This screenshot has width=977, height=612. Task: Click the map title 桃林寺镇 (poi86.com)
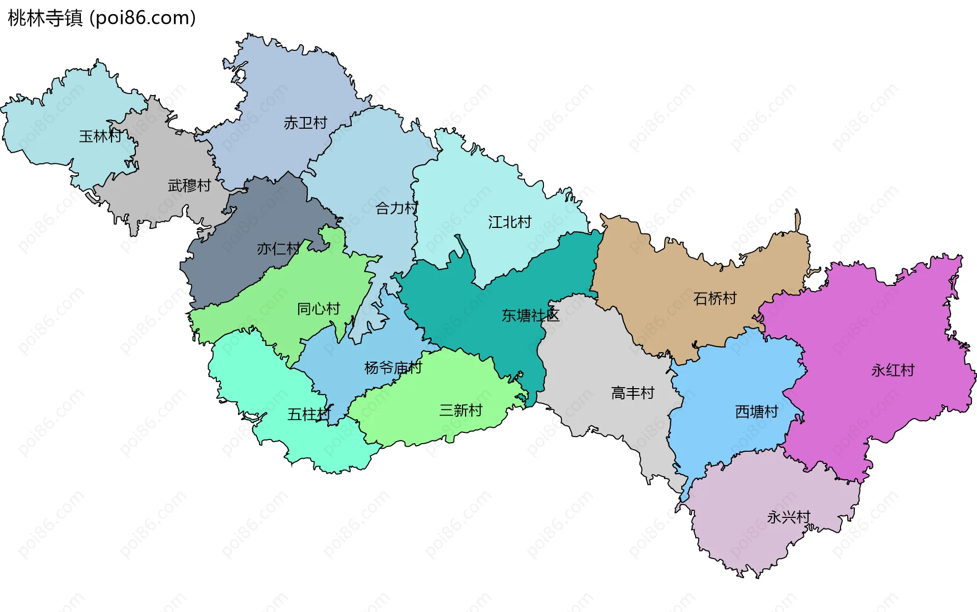(102, 18)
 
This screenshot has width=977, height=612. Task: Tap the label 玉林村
(100, 136)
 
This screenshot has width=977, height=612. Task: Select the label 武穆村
(189, 186)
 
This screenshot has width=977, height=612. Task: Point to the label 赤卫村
(305, 123)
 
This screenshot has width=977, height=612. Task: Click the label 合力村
(396, 208)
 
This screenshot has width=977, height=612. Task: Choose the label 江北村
(509, 222)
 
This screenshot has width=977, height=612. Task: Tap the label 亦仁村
(278, 249)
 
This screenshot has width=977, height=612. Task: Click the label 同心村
(319, 309)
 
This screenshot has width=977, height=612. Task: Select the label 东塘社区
(530, 316)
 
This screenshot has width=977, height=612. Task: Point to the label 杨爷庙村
(393, 368)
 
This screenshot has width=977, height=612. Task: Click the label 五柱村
(309, 415)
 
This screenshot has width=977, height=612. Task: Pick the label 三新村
(461, 411)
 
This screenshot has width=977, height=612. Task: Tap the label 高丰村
(633, 393)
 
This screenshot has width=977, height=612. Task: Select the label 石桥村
(715, 299)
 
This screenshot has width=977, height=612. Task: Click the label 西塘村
(757, 412)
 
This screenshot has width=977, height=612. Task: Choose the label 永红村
(893, 370)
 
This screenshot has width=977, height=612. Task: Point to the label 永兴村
(788, 517)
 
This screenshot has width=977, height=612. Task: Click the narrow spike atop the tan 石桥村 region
(797, 221)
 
